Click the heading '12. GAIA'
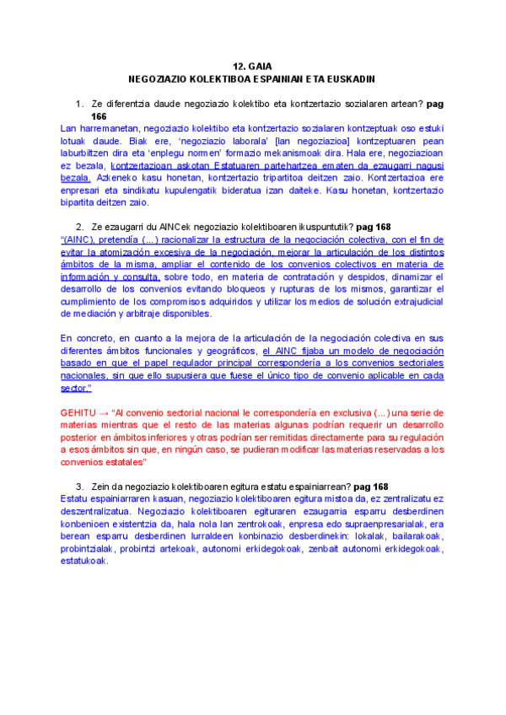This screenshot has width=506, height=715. point(252,66)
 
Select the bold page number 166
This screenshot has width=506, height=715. point(99,116)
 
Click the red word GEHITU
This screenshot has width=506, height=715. point(80,413)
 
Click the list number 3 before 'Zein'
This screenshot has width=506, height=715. point(78,487)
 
